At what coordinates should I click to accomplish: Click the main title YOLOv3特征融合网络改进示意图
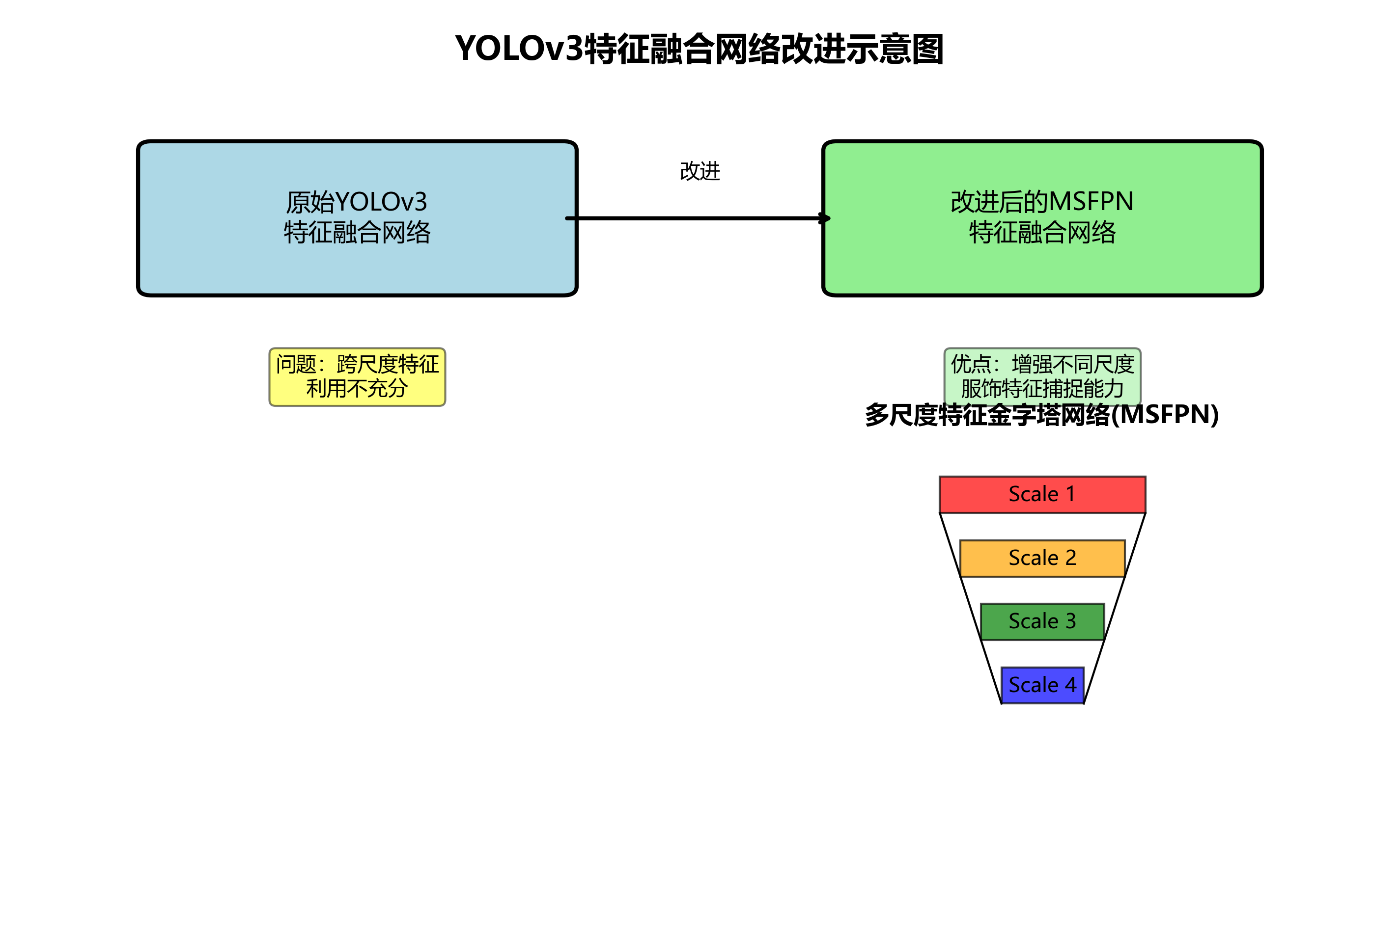pos(699,49)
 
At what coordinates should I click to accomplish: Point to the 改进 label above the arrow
pos(700,171)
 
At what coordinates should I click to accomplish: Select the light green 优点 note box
pos(1042,376)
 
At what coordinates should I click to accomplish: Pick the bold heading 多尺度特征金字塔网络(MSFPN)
pos(1042,415)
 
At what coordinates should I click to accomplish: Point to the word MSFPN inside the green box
pos(1091,202)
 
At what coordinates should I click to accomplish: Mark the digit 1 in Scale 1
pos(1070,494)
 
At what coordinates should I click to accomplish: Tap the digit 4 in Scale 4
pos(1070,685)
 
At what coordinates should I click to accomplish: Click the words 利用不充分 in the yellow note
pos(357,389)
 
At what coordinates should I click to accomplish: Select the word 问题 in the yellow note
pos(296,364)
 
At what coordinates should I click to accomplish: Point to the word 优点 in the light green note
pos(971,364)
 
